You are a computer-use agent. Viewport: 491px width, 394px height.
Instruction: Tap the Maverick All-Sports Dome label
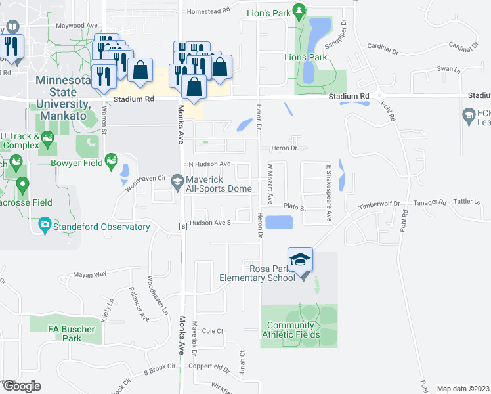tap(220, 184)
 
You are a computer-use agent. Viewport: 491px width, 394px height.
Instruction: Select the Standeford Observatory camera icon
tap(45, 227)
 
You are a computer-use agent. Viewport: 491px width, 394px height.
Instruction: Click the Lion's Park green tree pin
tap(299, 11)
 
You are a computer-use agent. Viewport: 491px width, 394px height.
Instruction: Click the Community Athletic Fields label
tap(293, 330)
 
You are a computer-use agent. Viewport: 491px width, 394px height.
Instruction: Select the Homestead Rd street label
tap(208, 11)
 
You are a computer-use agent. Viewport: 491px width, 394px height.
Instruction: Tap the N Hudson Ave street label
tap(209, 164)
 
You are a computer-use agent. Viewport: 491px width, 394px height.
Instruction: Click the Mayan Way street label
tap(90, 275)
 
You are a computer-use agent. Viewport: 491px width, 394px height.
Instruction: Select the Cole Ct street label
tap(213, 331)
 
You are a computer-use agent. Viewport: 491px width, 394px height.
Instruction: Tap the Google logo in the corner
tap(22, 386)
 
